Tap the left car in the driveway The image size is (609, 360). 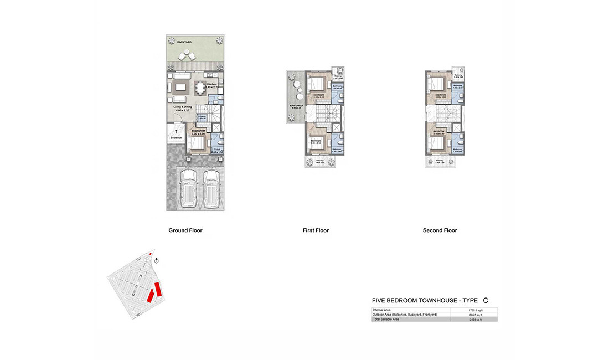[189, 188]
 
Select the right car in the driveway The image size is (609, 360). [210, 188]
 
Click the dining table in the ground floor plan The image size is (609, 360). [199, 88]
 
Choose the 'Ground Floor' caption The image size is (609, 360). [185, 230]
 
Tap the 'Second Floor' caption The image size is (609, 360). [440, 230]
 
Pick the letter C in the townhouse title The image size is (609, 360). [486, 300]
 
